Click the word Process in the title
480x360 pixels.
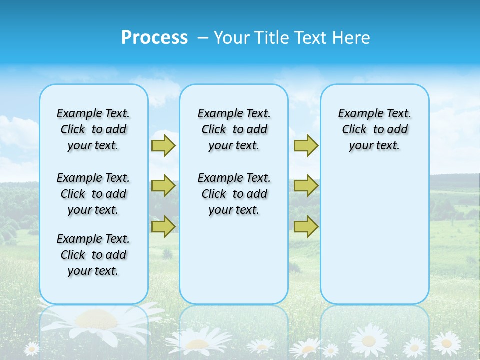(154, 38)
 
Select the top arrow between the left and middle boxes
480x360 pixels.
(163, 145)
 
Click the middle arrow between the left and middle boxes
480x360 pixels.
(163, 186)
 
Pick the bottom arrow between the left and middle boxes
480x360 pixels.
(163, 227)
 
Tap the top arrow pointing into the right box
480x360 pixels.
(306, 145)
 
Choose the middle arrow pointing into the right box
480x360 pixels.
(306, 186)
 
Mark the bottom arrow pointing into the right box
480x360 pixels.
(306, 227)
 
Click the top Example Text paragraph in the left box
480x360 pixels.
(93, 129)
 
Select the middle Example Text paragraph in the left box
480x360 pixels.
(93, 194)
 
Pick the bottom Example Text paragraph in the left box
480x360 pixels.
(93, 255)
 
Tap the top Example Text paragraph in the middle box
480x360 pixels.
(234, 129)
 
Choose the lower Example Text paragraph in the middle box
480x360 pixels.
(234, 194)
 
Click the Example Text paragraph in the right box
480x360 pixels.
(374, 129)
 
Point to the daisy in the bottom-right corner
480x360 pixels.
(446, 343)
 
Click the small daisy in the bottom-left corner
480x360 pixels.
(32, 348)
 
